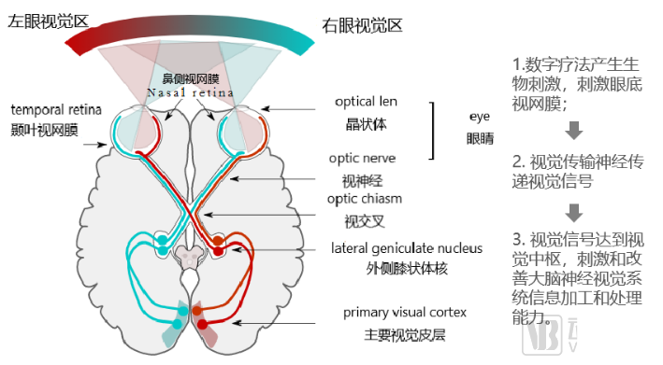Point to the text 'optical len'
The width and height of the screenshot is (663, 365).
tap(368, 101)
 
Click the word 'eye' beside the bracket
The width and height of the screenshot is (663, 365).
tap(480, 117)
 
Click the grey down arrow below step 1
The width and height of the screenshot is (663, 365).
tap(574, 128)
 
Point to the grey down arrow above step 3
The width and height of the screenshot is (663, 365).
tap(574, 210)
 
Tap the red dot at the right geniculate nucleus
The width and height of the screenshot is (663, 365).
tap(218, 241)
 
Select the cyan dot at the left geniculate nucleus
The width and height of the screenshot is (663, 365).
tap(163, 241)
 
